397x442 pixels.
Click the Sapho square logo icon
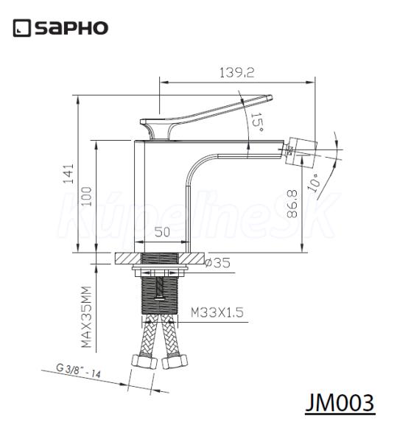pyautogui.click(x=21, y=28)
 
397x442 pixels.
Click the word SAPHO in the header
pyautogui.click(x=71, y=28)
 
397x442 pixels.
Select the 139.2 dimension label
pyautogui.click(x=236, y=73)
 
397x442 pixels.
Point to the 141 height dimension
pyautogui.click(x=68, y=174)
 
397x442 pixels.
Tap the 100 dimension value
pyautogui.click(x=87, y=197)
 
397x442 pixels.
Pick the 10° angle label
pyautogui.click(x=315, y=182)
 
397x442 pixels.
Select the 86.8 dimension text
pyautogui.click(x=292, y=204)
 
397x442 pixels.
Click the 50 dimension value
pyautogui.click(x=163, y=232)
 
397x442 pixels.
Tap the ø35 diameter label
pyautogui.click(x=217, y=263)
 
